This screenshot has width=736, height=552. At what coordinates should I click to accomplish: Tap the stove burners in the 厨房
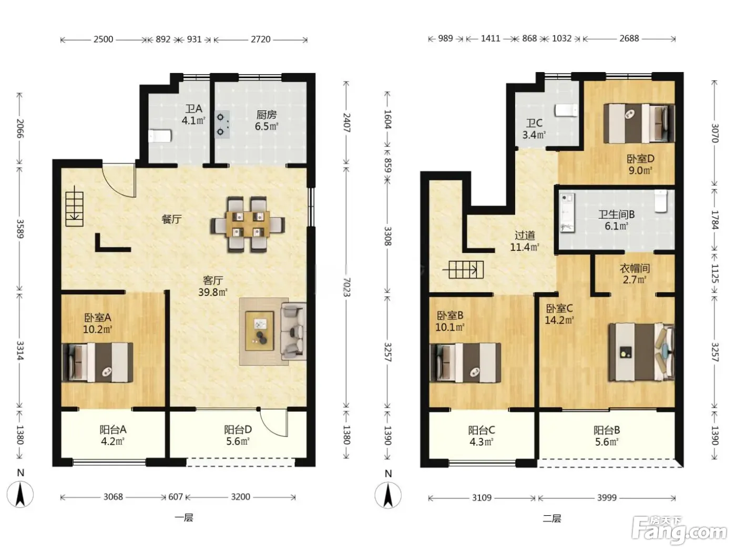coord(222,125)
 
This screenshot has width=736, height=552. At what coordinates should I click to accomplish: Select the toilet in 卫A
coord(160,136)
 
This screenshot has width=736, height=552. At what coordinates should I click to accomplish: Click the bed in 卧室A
coord(98,362)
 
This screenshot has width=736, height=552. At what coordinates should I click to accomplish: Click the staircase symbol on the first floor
coord(74,209)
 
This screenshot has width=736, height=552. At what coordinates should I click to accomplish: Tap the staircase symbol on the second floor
coord(463,270)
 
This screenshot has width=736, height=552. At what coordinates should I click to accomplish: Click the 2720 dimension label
coord(261,39)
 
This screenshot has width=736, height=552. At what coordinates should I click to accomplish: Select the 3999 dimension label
coord(607,497)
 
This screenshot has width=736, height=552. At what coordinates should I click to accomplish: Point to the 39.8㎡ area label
coord(212,292)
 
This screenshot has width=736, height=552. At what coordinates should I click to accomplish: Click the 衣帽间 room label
coord(635,268)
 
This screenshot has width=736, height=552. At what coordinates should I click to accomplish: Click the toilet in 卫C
coord(567,110)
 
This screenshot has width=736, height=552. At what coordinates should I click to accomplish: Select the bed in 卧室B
coord(465,363)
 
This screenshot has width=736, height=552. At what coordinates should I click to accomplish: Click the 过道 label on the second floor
coord(525,236)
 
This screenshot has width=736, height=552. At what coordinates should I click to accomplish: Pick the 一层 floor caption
coord(184,518)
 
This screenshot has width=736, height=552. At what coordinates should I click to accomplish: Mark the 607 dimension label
coord(176,496)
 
